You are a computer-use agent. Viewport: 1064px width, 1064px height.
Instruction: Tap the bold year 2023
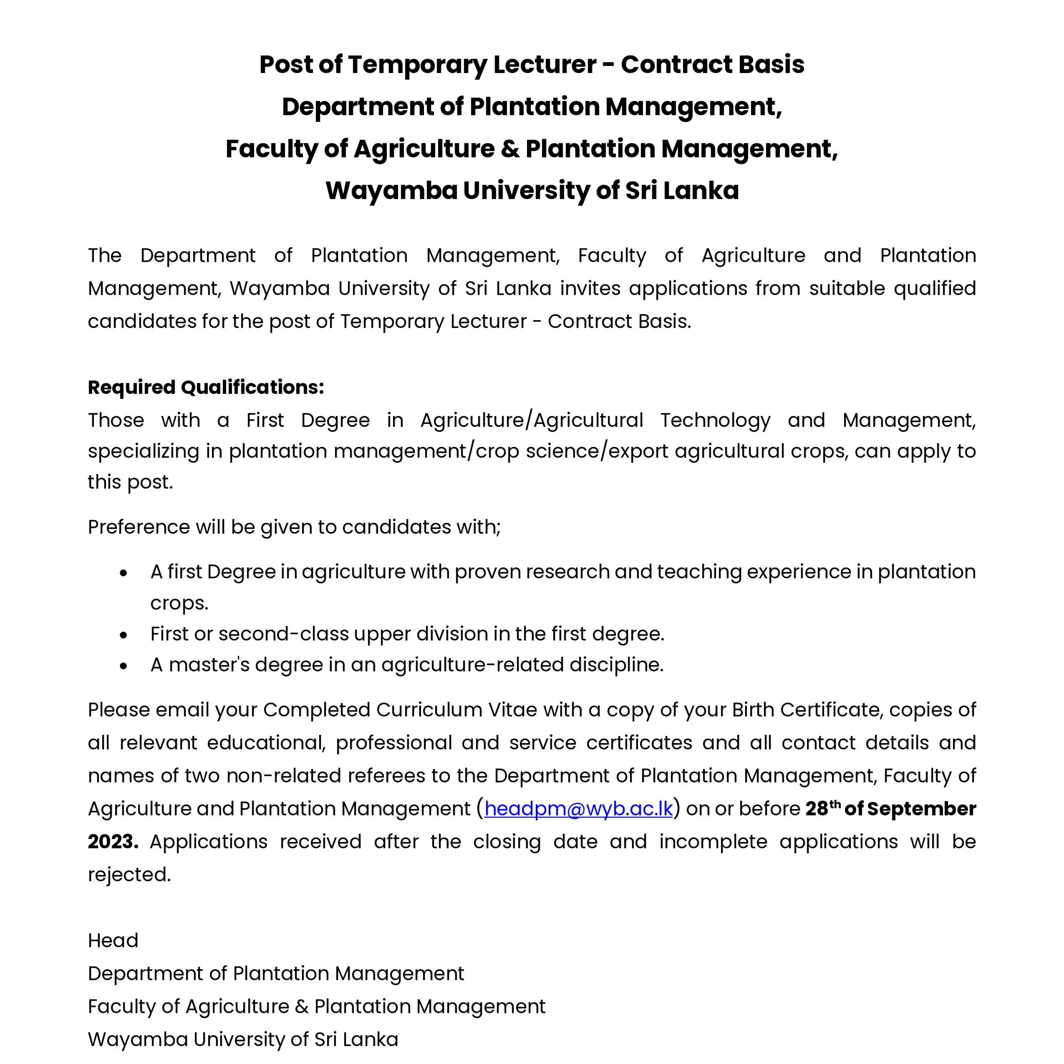[x=112, y=842]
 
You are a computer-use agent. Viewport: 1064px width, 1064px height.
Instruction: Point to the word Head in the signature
[x=113, y=941]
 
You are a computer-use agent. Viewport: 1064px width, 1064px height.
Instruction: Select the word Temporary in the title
[x=417, y=64]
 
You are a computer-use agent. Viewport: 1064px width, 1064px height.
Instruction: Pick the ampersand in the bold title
[x=510, y=149]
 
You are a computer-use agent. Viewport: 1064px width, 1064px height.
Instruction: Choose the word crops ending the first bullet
[x=179, y=603]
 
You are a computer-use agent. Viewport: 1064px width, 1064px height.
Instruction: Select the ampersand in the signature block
[x=301, y=1007]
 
